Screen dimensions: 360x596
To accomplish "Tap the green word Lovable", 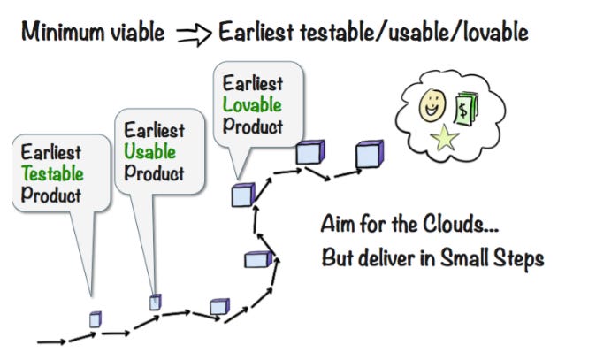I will [x=252, y=105].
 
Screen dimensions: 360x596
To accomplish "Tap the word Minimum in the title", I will [x=65, y=33].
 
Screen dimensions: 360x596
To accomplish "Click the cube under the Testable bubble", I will [x=96, y=319].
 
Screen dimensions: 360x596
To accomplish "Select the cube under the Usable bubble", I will [x=155, y=302].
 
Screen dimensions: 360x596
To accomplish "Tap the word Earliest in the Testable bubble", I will [x=51, y=152].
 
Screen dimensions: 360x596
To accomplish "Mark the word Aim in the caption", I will [x=339, y=223].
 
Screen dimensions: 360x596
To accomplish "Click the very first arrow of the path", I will [x=50, y=341].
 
